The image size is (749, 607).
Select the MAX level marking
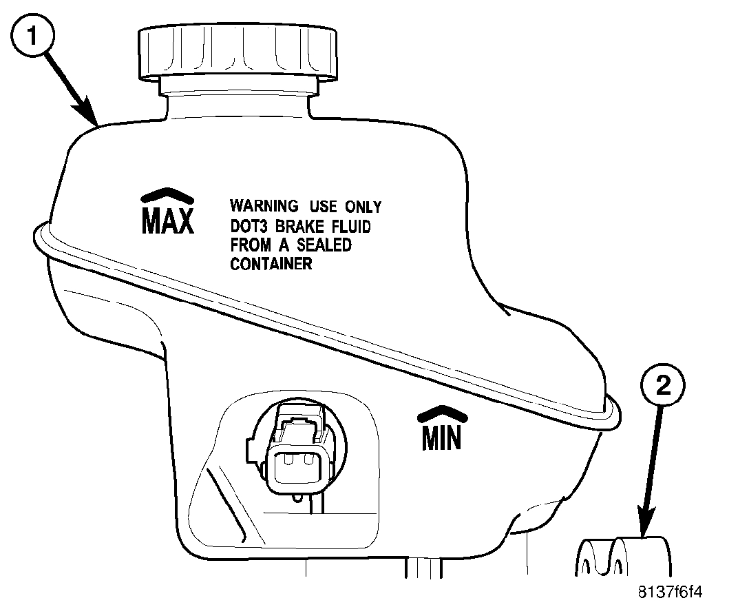[168, 220]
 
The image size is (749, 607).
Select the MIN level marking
[441, 438]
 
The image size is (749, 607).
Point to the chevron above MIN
[441, 413]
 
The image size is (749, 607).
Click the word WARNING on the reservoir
[264, 206]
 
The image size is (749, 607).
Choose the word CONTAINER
[271, 264]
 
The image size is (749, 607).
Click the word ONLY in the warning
[362, 206]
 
